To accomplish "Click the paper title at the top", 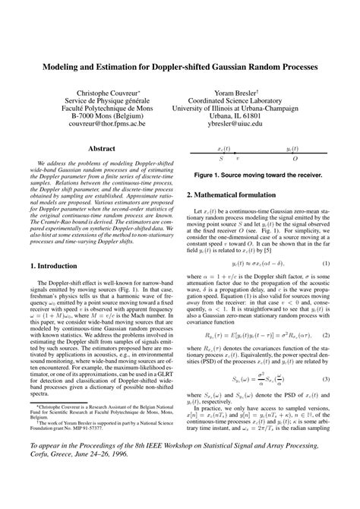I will pos(180,68).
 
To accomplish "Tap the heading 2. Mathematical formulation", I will pos(229,194).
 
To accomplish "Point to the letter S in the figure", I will pos(221,159).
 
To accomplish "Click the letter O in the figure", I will pos(295,159).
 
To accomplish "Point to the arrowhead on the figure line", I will pos(235,153).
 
